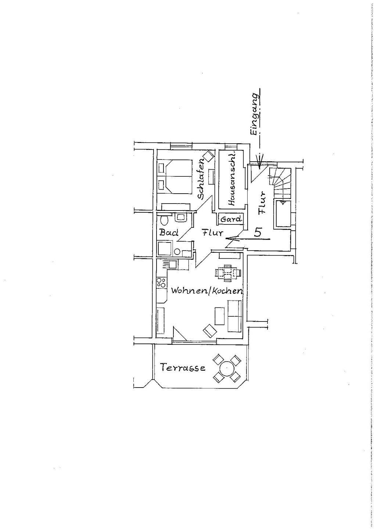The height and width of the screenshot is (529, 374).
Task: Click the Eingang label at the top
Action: (254, 114)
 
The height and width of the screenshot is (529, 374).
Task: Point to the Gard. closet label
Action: (231, 219)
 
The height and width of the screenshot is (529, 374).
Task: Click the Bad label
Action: (169, 233)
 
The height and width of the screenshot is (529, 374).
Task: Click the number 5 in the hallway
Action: (258, 233)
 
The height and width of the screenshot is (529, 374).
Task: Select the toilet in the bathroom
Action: (163, 220)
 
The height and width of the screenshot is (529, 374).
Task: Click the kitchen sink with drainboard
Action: (170, 264)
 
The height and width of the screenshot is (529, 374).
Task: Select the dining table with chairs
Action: (228, 273)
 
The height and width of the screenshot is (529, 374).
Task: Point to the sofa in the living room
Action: (234, 316)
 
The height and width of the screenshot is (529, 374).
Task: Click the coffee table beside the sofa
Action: (219, 316)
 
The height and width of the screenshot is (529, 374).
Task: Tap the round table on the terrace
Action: (226, 368)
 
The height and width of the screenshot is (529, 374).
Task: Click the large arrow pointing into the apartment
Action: (248, 239)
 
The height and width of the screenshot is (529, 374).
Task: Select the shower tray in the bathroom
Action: (165, 248)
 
